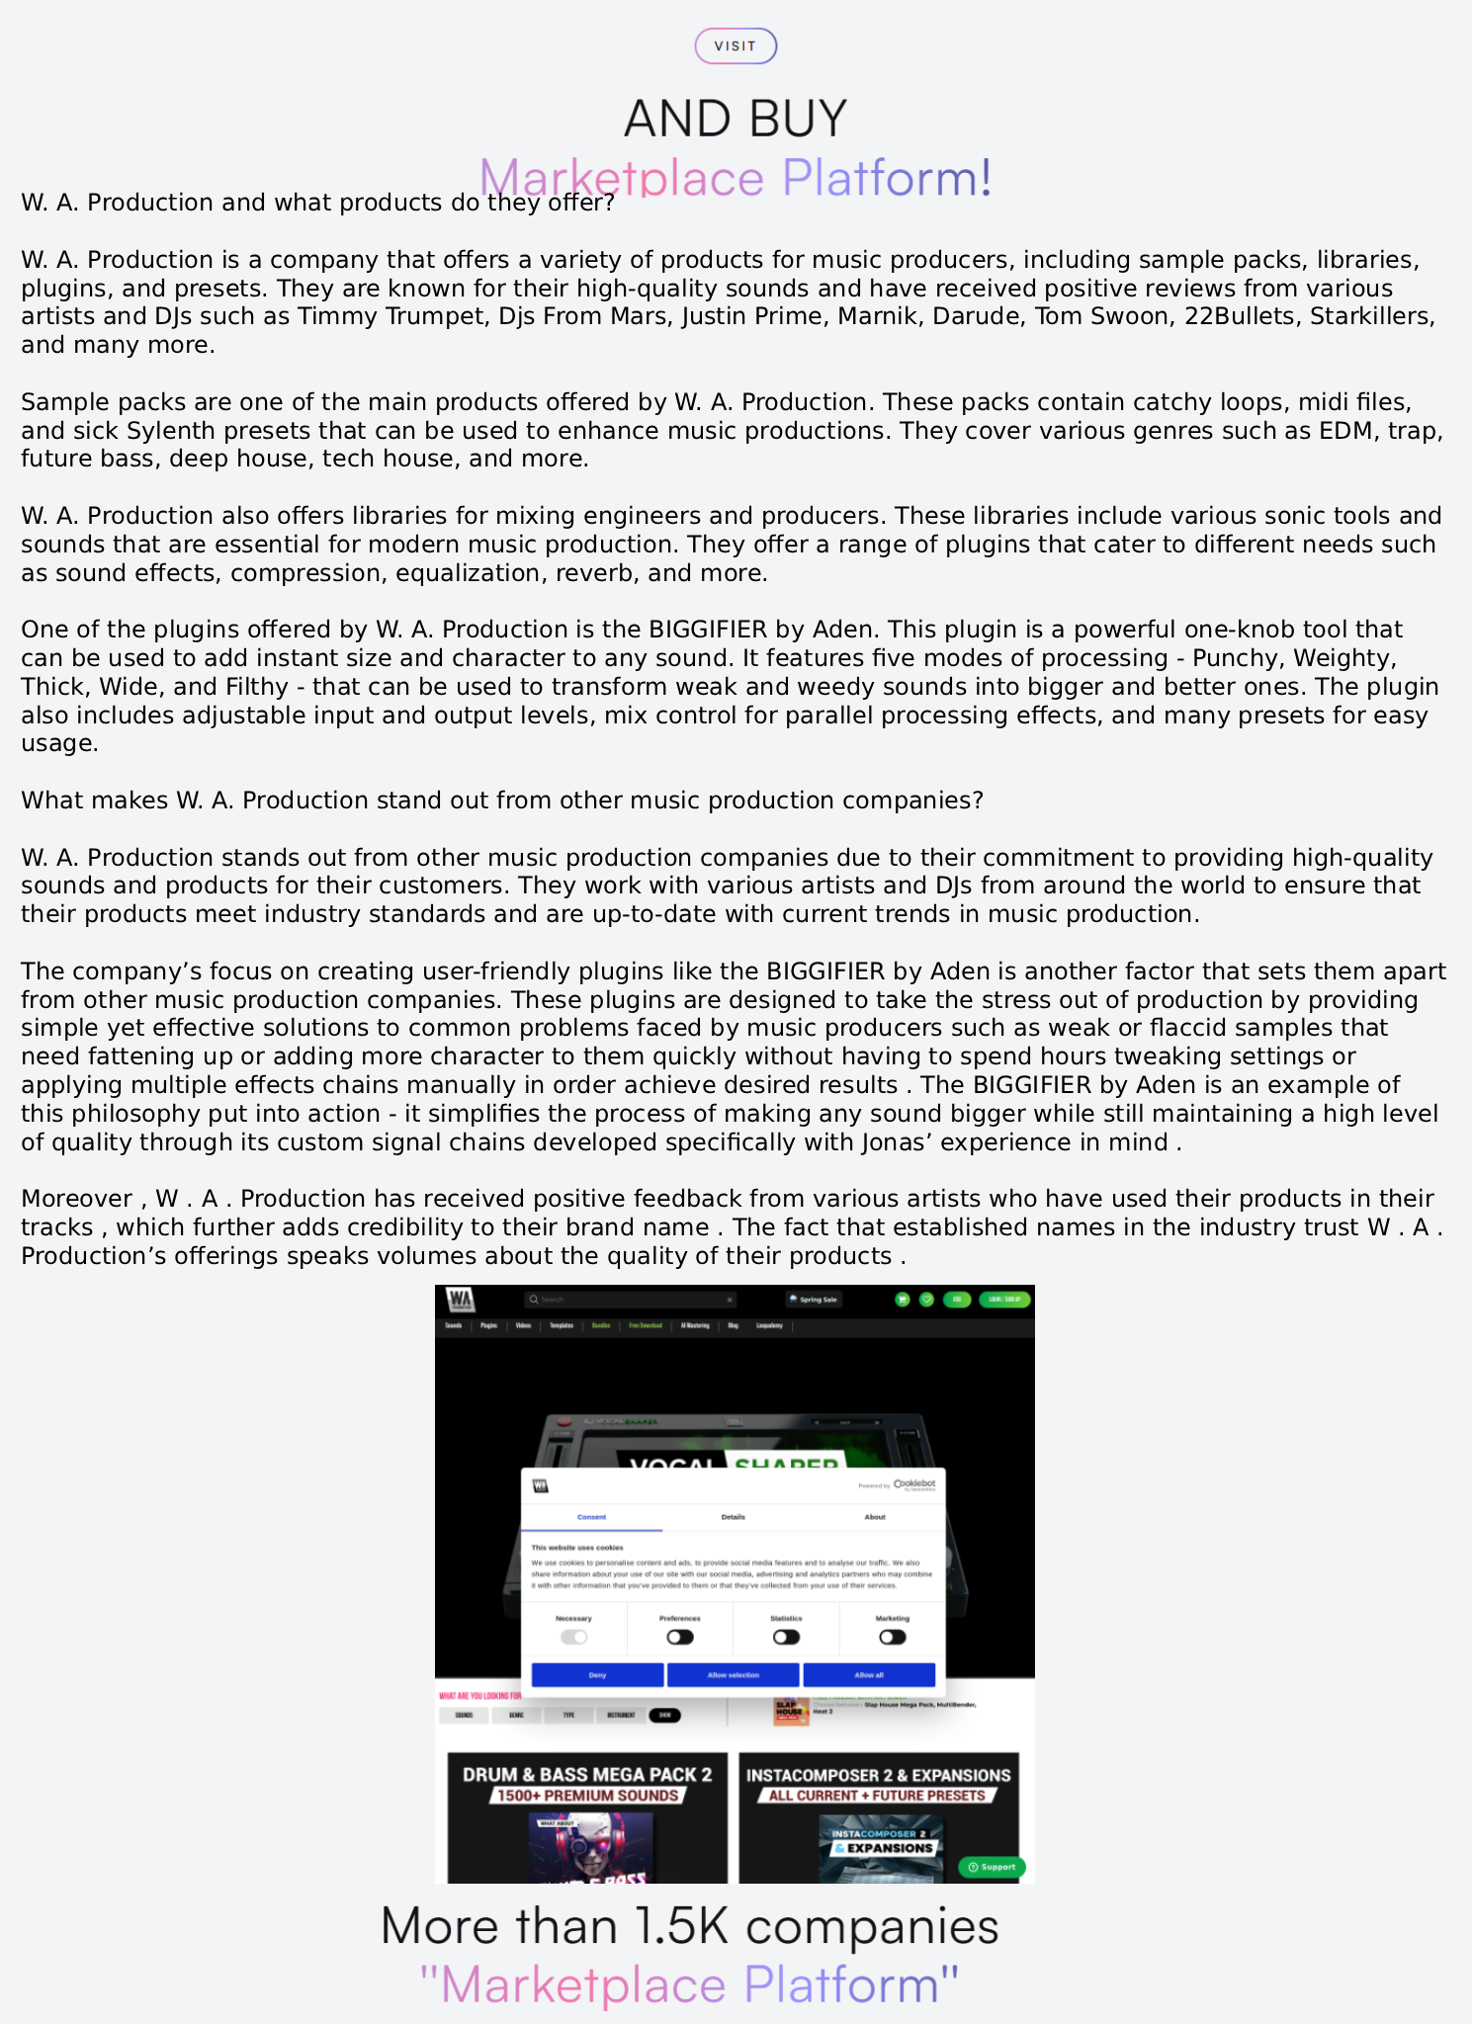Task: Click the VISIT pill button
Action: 736,46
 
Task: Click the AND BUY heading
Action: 736,119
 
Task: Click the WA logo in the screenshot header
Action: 461,1299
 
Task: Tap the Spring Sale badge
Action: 814,1300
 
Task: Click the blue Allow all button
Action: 869,1675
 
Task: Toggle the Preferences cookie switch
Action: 680,1638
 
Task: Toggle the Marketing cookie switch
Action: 892,1638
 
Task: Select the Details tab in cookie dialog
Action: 733,1517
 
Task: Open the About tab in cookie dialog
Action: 875,1517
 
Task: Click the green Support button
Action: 993,1867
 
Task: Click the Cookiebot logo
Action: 913,1484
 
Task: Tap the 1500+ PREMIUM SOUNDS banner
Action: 587,1796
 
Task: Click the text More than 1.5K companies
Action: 689,1926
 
